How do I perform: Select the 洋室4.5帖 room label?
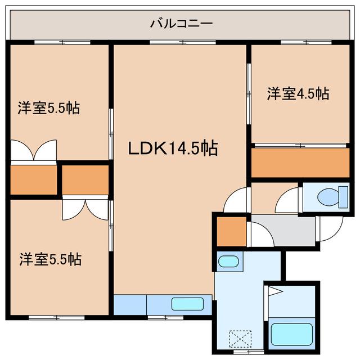point(298,93)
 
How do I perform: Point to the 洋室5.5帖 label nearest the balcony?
point(48,108)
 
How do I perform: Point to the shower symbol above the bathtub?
point(273,291)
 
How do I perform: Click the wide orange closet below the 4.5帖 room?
point(301,163)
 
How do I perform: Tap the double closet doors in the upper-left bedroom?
point(33,151)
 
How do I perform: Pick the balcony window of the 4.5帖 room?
point(304,43)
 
